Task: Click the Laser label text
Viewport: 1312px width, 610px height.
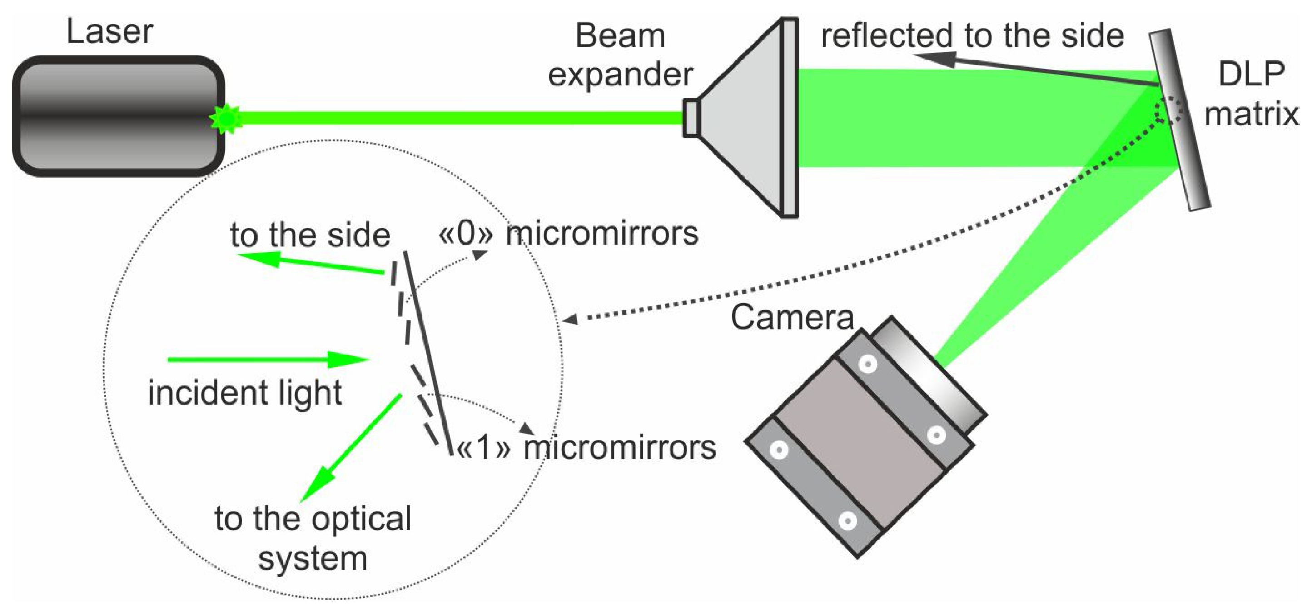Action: pos(109,32)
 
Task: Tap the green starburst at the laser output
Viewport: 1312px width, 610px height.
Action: pos(226,119)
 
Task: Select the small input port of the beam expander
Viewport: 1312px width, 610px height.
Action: pos(691,118)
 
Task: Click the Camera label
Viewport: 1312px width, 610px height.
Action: pos(792,317)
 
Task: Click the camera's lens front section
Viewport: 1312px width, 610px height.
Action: pos(929,377)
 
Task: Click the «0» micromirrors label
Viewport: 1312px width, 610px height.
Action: pos(568,235)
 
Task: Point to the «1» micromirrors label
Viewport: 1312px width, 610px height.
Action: pos(586,449)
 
